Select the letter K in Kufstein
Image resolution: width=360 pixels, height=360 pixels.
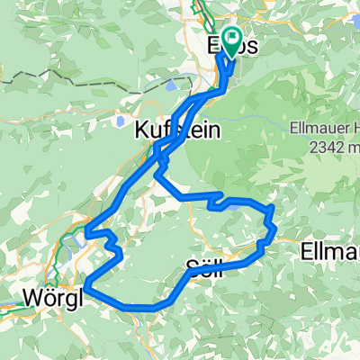point(141,129)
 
